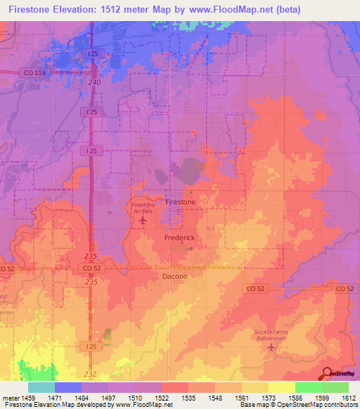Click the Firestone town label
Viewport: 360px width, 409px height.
pos(180,202)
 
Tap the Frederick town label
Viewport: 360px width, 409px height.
pos(179,238)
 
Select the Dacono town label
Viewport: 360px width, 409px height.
pos(175,277)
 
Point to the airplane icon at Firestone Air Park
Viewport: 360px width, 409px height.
pos(143,221)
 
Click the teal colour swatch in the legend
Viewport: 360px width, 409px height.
pos(41,387)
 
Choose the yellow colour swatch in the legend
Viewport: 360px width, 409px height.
pos(281,387)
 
